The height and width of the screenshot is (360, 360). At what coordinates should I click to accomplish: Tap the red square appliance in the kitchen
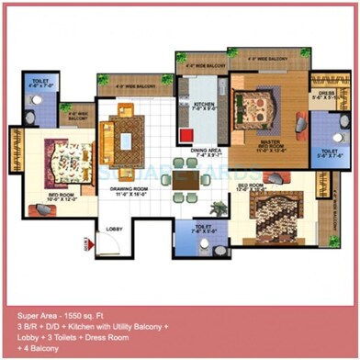coord(186,135)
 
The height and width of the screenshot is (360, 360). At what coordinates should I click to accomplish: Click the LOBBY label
coord(115,228)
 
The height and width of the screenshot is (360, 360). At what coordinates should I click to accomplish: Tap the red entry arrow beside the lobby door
coord(89,243)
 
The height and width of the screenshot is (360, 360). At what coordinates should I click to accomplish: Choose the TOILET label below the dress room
coord(330,153)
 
